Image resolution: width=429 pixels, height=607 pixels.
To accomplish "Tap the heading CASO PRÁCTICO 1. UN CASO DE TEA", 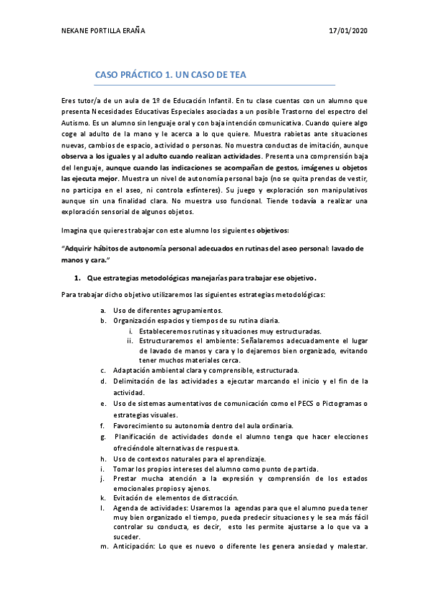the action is [x=171, y=75].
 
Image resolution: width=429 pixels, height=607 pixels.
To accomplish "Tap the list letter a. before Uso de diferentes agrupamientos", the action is [x=104, y=310].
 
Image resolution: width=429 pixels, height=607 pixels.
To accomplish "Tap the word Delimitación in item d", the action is [x=138, y=382].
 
